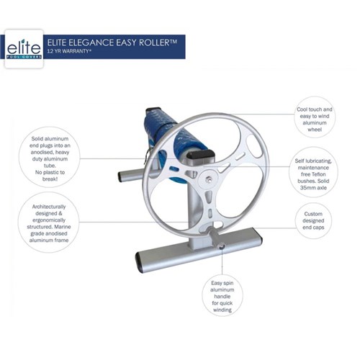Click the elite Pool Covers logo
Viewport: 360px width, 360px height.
point(24,49)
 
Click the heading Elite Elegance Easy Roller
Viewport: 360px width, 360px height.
point(112,42)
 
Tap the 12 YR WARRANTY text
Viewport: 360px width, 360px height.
point(69,51)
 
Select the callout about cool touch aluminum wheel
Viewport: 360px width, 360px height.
point(315,117)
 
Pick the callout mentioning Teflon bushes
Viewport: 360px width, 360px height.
point(313,172)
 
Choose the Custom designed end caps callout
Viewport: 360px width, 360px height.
point(313,220)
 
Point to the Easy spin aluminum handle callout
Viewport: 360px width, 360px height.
point(222,297)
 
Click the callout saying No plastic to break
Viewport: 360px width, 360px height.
point(50,157)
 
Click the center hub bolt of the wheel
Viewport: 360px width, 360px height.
point(208,179)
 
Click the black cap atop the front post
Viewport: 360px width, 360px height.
point(200,153)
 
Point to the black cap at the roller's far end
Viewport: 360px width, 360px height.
point(153,109)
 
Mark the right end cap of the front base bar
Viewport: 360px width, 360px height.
point(260,235)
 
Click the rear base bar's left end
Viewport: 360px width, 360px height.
point(120,176)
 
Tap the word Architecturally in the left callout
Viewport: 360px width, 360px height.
point(49,207)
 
